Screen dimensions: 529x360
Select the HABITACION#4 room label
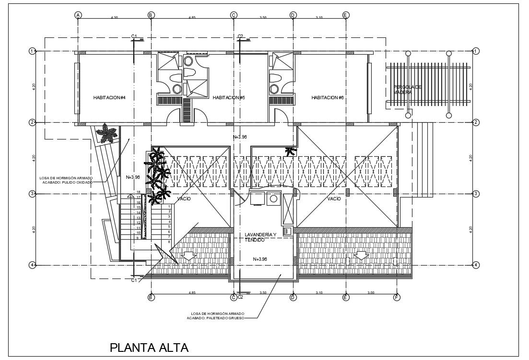coord(109,98)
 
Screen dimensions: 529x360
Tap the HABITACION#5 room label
coord(229,98)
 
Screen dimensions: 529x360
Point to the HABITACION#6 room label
coord(328,98)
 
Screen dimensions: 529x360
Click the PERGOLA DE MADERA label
coord(407,89)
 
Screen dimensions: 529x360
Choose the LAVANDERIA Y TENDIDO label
coord(260,237)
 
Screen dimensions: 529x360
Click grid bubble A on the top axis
coord(78,15)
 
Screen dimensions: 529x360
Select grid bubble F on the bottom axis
coord(396,298)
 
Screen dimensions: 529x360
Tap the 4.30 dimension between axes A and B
coord(114,17)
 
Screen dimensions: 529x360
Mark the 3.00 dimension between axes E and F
coord(371,292)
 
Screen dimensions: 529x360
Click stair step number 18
coord(138,192)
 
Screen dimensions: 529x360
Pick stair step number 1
coord(170,206)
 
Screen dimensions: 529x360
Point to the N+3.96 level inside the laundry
coord(260,259)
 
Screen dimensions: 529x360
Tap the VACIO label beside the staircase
coord(184,198)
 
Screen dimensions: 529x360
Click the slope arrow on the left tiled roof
coord(189,255)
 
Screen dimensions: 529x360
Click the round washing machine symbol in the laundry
coord(274,198)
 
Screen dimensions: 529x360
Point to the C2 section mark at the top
coord(240,35)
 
